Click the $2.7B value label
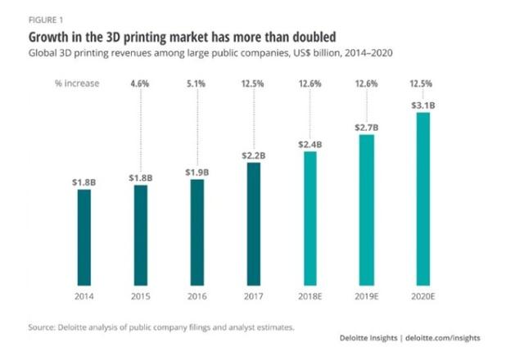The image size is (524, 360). [366, 128]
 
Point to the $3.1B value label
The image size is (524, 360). [422, 106]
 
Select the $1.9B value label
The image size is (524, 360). [197, 173]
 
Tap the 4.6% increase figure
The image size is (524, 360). [141, 83]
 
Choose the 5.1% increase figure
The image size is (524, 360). [197, 83]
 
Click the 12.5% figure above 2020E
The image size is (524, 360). [422, 83]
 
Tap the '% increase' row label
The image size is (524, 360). [78, 83]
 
